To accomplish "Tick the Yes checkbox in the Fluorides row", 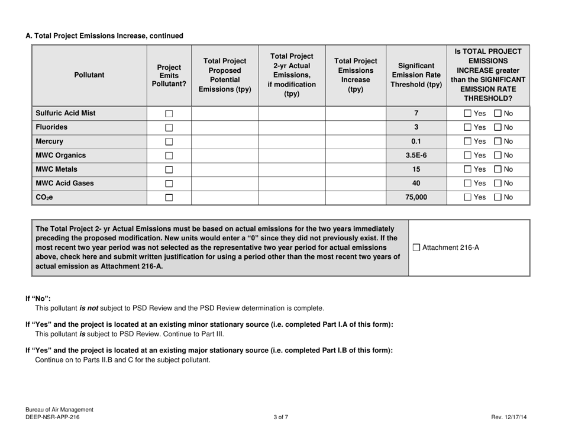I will click(469, 127).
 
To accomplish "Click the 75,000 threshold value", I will click(417, 197).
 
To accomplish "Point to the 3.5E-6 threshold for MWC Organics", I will click(417, 156).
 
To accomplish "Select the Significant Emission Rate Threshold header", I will click(417, 75).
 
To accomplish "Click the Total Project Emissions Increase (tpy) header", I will click(355, 75).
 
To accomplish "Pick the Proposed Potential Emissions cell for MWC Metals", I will click(225, 169).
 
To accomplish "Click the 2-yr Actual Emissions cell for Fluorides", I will click(292, 127).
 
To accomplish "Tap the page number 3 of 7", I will click(281, 417).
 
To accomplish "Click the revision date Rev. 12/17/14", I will click(509, 417).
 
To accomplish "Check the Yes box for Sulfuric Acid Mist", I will click(469, 113).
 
